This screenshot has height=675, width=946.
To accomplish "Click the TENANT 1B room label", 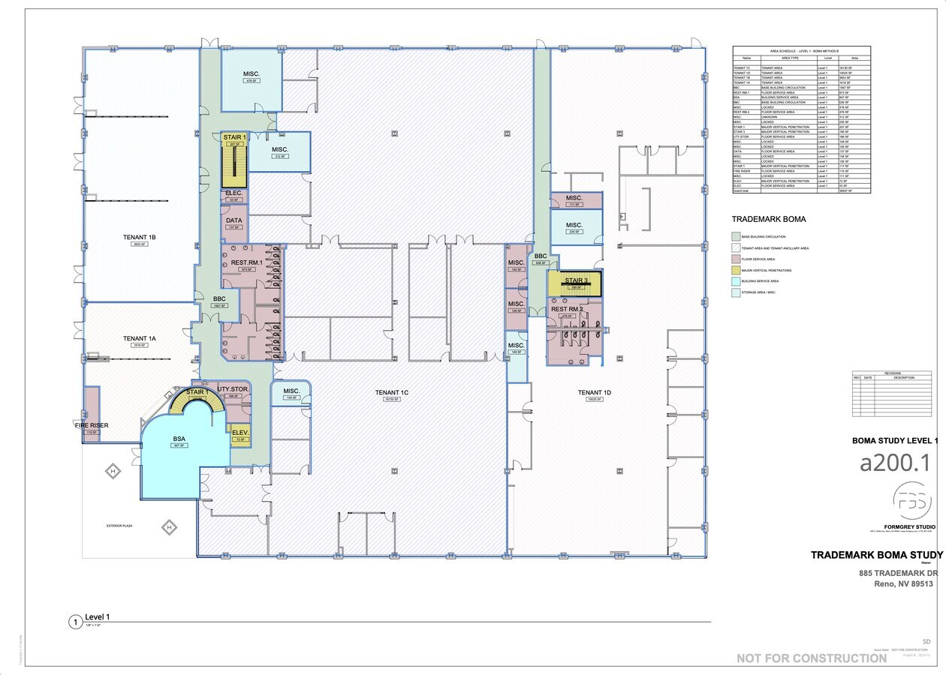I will pos(140,237).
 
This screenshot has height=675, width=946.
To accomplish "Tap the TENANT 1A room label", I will pos(140,339).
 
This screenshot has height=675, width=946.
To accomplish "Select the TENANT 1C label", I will pos(392,392).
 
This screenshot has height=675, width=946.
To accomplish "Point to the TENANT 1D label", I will pos(595,392).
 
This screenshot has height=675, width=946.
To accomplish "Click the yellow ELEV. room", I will pos(240,435).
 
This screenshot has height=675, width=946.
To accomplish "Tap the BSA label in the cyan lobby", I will pos(179,439).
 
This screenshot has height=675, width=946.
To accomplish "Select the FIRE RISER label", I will pos(92,425).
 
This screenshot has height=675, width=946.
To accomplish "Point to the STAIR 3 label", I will pos(576,280).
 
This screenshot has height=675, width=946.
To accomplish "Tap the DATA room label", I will pos(234,220).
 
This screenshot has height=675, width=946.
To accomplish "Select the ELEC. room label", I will pos(233,193).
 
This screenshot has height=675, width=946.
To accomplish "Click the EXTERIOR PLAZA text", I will pos(119,526).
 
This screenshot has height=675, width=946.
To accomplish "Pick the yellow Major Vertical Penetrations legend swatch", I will pos(736,270).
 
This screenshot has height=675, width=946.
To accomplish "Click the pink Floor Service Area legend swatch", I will pos(736,259).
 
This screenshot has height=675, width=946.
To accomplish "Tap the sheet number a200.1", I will pos(894,463).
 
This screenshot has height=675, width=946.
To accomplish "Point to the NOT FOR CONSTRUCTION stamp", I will pos(811,658).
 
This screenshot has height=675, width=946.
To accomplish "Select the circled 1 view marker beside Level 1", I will pos(74,622).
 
